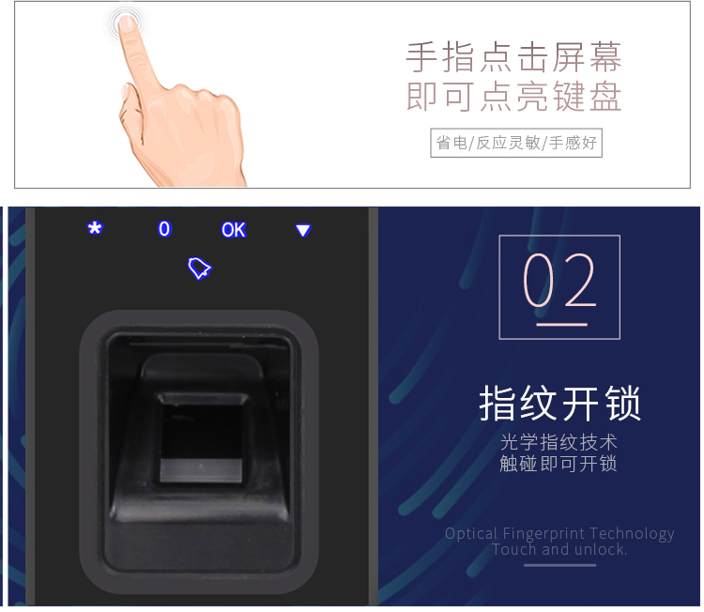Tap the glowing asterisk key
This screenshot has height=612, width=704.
[95, 228]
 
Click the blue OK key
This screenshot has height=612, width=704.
[234, 230]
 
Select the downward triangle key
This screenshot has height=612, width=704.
[303, 230]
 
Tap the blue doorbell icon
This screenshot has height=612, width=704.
[199, 268]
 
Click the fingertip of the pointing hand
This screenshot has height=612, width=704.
[127, 23]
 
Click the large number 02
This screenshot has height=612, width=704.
[559, 280]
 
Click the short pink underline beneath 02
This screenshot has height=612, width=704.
[561, 324]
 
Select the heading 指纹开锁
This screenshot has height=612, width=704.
[559, 404]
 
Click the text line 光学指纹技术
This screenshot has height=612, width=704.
[559, 442]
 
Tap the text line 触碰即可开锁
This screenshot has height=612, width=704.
[559, 464]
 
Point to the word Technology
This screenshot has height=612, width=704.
[632, 534]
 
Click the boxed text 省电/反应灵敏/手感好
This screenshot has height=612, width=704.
[516, 143]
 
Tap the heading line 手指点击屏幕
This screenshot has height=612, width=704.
[514, 57]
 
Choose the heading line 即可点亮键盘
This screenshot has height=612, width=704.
[514, 96]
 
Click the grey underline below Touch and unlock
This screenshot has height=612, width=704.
[559, 565]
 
